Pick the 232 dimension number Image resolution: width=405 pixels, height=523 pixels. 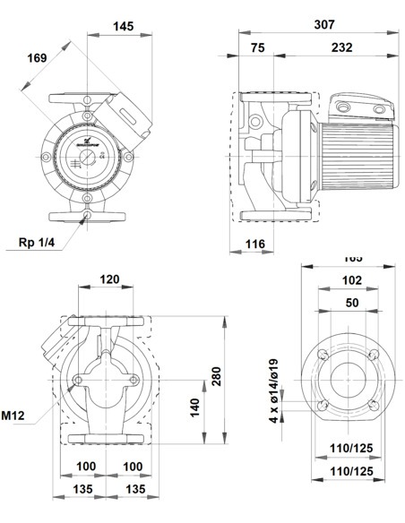[x=340, y=47]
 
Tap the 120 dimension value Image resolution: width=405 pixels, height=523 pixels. [x=108, y=279]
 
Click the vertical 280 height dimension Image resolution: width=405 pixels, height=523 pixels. [x=215, y=377]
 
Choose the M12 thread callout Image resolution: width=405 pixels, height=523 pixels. [x=13, y=415]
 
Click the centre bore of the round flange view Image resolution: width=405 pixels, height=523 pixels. [x=344, y=382]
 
